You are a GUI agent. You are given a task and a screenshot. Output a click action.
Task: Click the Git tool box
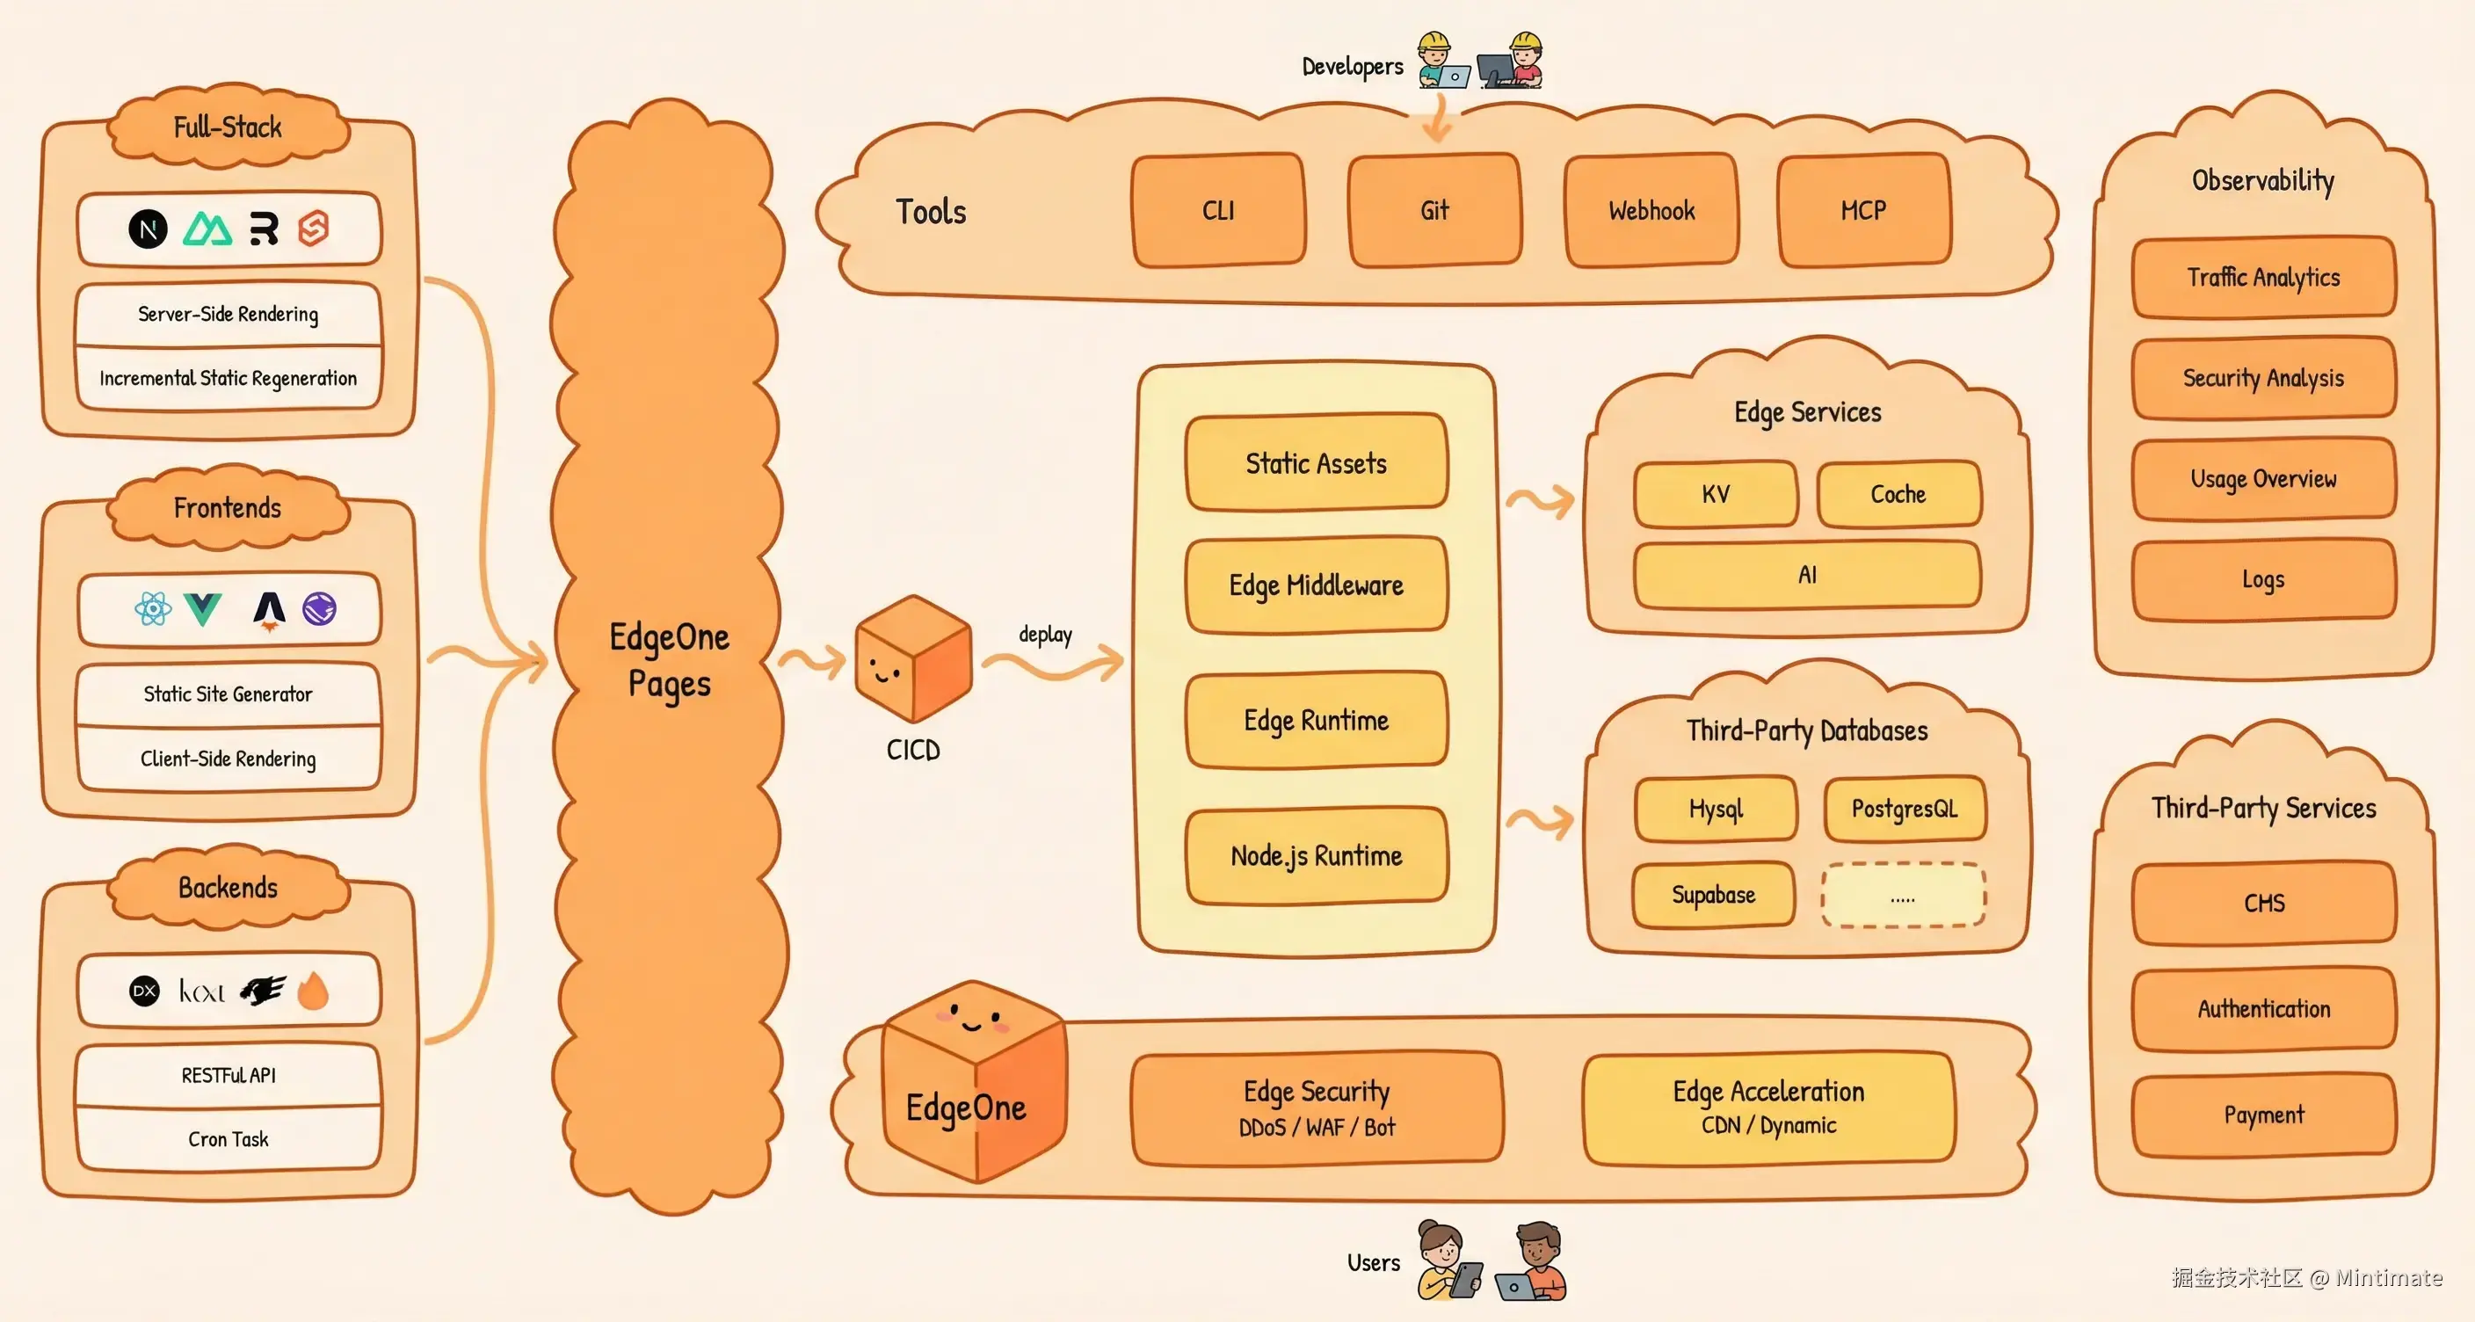(1434, 210)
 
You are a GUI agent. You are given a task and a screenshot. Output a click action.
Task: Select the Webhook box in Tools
(1651, 210)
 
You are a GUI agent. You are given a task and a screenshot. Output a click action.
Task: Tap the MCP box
(1863, 210)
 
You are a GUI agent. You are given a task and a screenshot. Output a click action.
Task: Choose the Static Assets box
(1317, 463)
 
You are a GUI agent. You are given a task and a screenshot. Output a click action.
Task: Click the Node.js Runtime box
(1317, 855)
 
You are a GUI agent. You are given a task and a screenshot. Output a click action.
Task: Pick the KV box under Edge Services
(1716, 494)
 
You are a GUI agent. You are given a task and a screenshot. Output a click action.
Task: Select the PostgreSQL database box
(1905, 808)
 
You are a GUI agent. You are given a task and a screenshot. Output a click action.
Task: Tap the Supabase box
(1713, 895)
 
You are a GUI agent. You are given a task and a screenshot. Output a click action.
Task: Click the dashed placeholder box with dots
(1902, 896)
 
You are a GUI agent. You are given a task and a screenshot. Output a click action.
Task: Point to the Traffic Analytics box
(2264, 277)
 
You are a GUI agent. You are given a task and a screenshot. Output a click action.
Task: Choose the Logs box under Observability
(2264, 579)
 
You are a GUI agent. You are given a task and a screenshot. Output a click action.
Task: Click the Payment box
(2264, 1115)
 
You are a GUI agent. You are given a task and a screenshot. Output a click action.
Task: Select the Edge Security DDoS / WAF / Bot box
(1317, 1108)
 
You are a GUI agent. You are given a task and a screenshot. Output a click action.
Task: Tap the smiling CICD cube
(913, 659)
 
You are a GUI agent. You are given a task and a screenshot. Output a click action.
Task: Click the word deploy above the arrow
(1045, 634)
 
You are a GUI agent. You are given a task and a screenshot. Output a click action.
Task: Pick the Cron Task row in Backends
(228, 1138)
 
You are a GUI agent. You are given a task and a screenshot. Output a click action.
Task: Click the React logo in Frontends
(153, 608)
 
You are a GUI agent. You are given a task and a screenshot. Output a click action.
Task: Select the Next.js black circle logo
(148, 229)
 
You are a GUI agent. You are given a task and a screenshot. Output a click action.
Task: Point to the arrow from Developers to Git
(1436, 120)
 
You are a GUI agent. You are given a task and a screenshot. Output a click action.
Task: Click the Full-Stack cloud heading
(228, 127)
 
